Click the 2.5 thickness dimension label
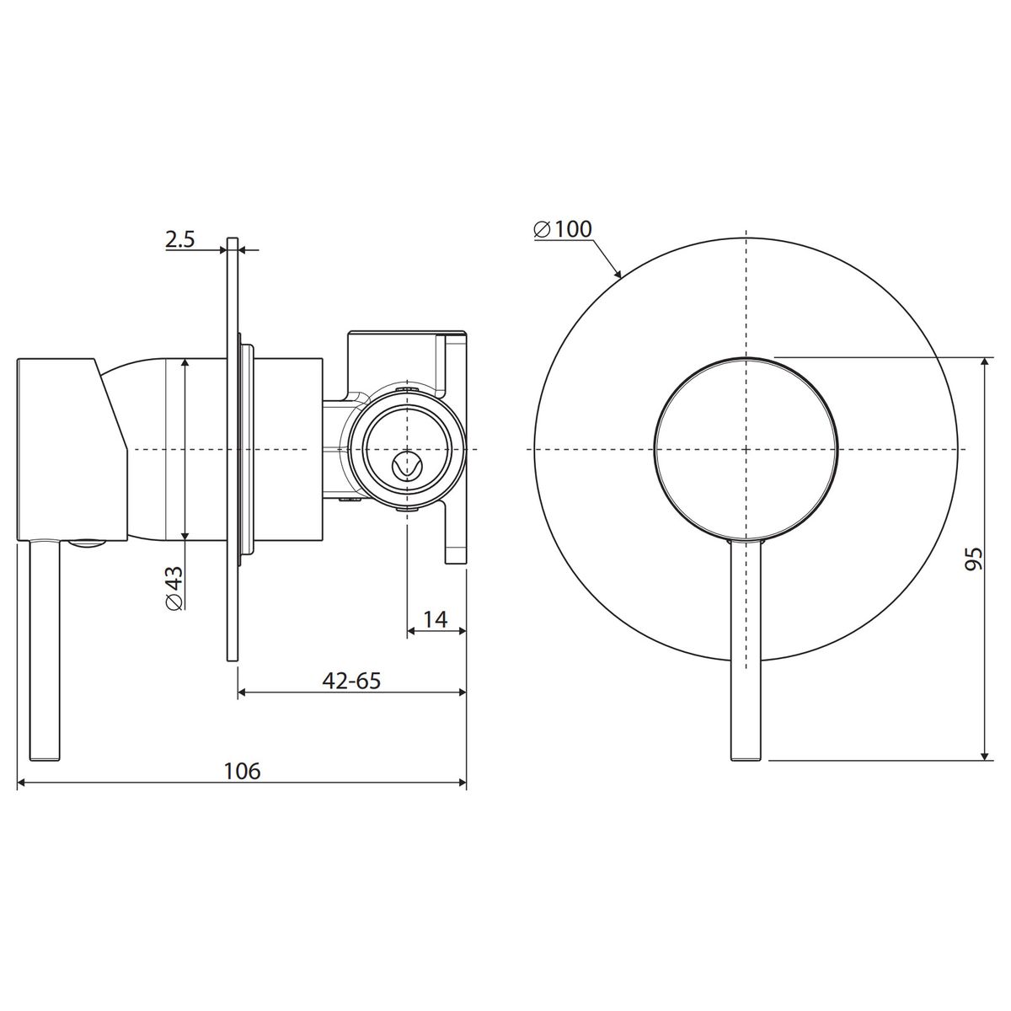click(x=180, y=239)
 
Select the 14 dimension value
click(x=436, y=619)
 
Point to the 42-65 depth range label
click(x=351, y=681)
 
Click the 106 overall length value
click(x=242, y=771)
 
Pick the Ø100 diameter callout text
click(x=563, y=229)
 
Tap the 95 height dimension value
click(x=973, y=559)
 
